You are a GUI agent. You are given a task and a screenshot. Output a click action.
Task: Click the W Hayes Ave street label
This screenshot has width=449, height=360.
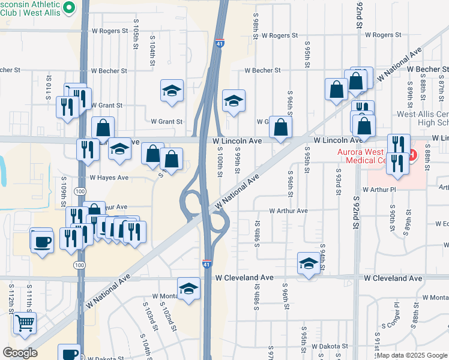pyautogui.click(x=109, y=178)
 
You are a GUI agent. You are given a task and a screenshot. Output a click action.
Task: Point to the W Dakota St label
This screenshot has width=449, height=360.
pyautogui.click(x=327, y=346)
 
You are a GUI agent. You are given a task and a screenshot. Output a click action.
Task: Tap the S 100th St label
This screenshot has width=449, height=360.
pyautogui.click(x=220, y=162)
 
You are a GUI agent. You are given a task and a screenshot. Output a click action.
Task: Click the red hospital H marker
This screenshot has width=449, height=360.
pyautogui.click(x=412, y=155)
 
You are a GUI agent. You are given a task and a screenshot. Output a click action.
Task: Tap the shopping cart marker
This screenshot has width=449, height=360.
pyautogui.click(x=24, y=323)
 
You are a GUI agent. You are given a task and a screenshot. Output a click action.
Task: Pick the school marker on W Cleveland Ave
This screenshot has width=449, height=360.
pyautogui.click(x=309, y=263)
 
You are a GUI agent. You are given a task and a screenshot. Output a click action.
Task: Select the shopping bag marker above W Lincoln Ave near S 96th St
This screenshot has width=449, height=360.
pyautogui.click(x=280, y=127)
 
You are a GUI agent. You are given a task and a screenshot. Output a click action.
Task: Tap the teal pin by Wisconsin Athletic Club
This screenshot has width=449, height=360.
pyautogui.click(x=68, y=7)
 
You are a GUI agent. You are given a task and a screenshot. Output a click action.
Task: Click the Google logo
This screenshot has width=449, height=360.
pyautogui.click(x=20, y=353)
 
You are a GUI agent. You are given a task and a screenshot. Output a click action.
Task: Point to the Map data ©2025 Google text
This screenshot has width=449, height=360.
pyautogui.click(x=411, y=355)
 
